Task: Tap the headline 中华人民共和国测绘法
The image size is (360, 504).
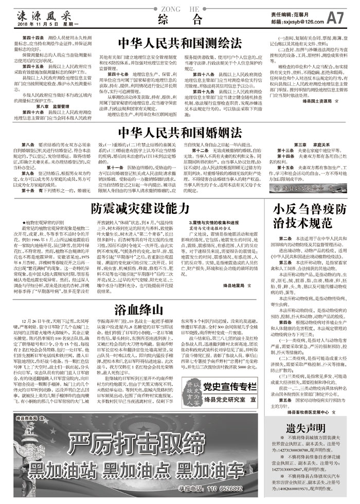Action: (179, 42)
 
